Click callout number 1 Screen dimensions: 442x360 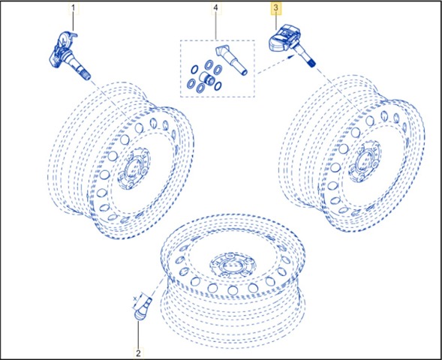coord(74,8)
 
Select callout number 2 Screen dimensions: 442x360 coord(138,353)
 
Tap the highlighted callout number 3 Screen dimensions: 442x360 coord(275,8)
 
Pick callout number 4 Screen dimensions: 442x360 coord(216,8)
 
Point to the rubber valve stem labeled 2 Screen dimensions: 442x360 coord(143,308)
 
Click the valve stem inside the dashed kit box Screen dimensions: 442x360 coord(232,60)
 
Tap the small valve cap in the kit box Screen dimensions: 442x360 coord(206,78)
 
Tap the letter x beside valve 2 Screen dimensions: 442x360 coord(136,298)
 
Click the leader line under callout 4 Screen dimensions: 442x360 coord(216,26)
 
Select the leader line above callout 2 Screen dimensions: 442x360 coord(138,334)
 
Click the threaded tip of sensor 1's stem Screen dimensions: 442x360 coord(86,76)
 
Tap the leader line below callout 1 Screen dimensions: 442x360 coord(74,22)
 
